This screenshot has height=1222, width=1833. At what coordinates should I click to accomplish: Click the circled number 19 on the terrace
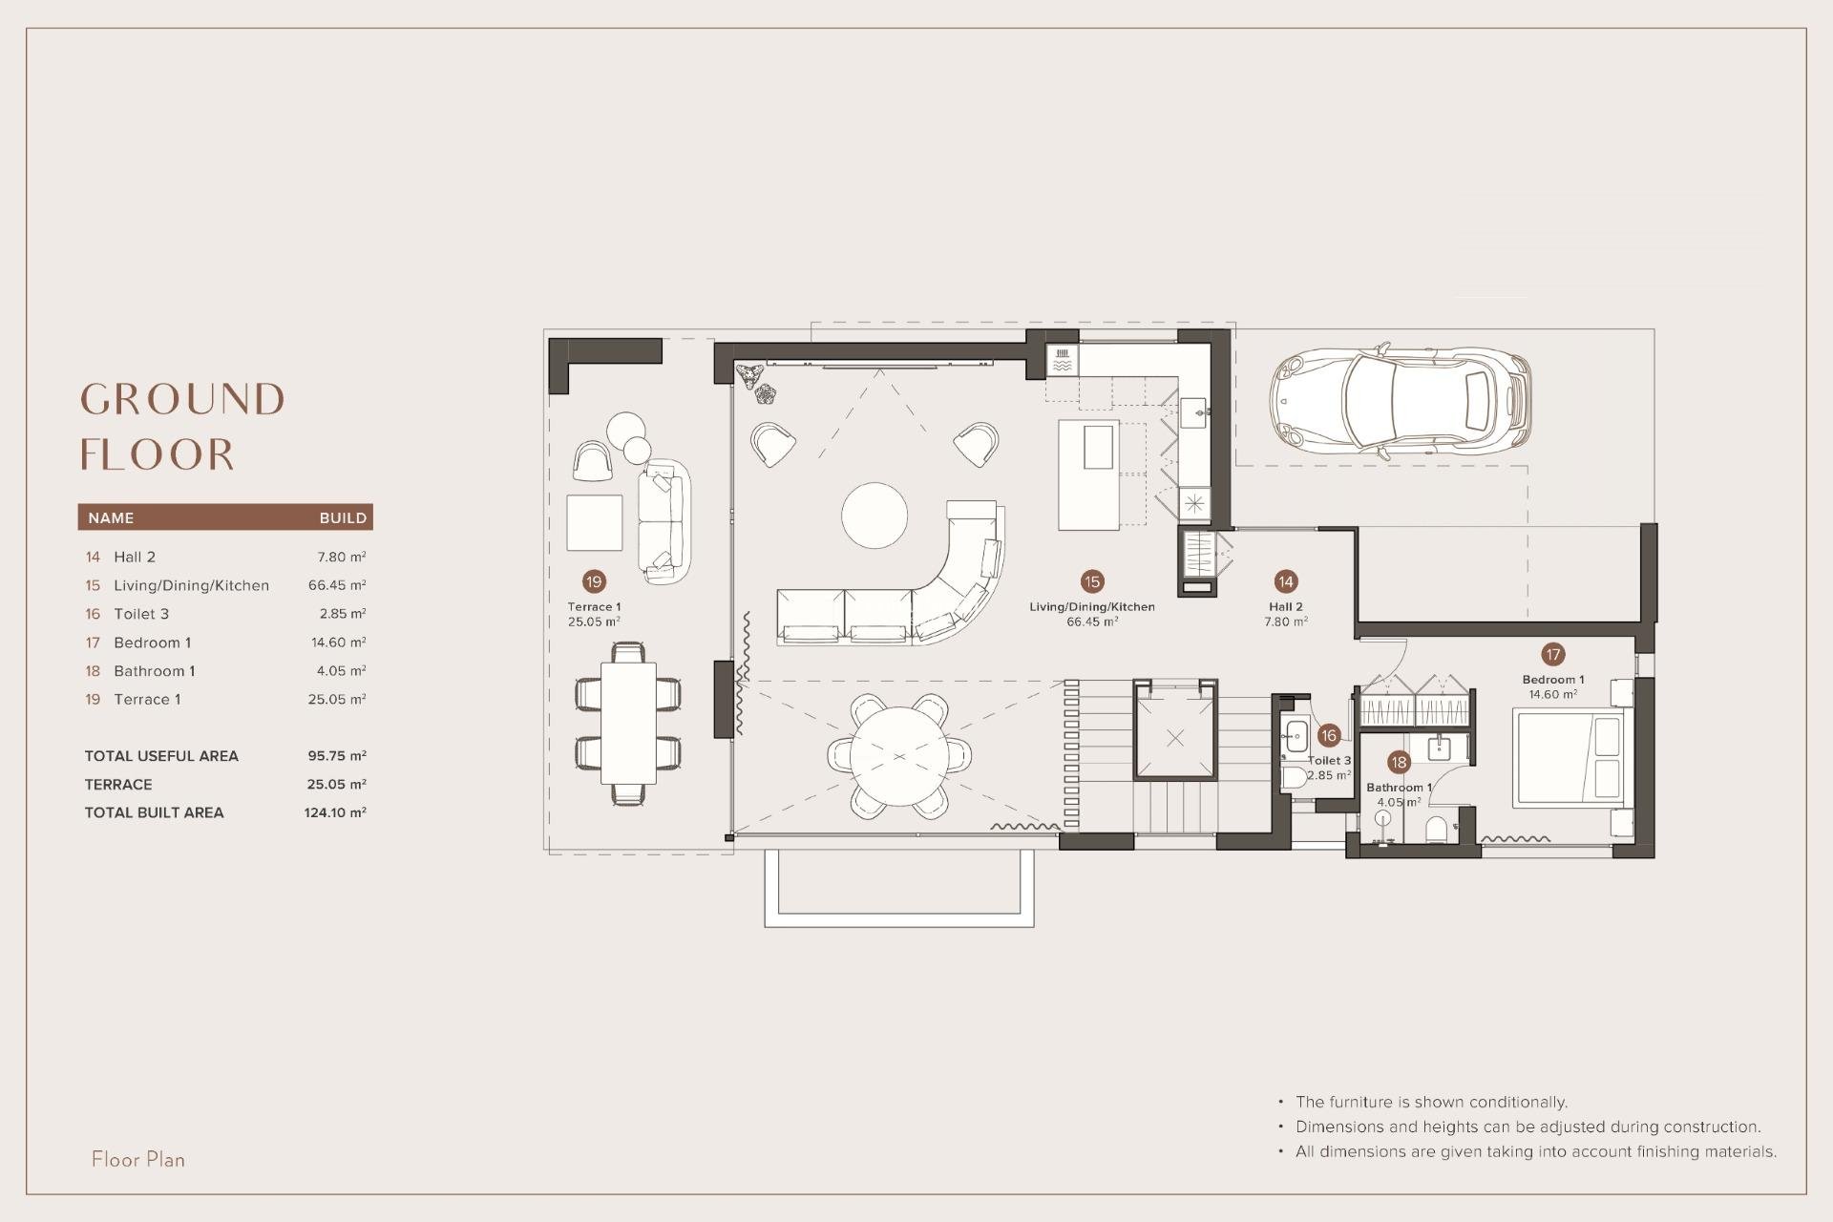tap(594, 581)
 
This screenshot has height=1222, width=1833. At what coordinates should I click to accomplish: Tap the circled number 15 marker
tap(1091, 581)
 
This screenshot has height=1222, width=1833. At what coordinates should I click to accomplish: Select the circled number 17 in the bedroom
tap(1552, 654)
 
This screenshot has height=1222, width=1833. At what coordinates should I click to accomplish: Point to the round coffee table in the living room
tap(874, 516)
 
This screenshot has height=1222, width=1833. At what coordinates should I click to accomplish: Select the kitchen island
tap(1088, 474)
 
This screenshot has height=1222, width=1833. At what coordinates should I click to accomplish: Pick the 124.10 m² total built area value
tap(334, 812)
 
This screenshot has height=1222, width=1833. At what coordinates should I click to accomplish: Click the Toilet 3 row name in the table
tap(141, 614)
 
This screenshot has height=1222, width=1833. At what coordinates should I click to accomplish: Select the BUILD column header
tap(343, 517)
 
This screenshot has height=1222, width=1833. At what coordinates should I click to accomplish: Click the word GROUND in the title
tap(182, 399)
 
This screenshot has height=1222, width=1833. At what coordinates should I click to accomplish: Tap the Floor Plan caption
tap(138, 1159)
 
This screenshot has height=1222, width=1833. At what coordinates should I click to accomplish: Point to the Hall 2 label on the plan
tap(1285, 606)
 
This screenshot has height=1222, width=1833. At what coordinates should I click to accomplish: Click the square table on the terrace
tap(594, 522)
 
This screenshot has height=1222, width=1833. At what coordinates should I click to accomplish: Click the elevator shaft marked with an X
tap(1174, 737)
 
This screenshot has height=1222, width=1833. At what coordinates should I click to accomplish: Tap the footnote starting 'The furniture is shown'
tap(1431, 1102)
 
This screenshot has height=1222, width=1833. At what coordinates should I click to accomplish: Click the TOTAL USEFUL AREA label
tap(161, 756)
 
